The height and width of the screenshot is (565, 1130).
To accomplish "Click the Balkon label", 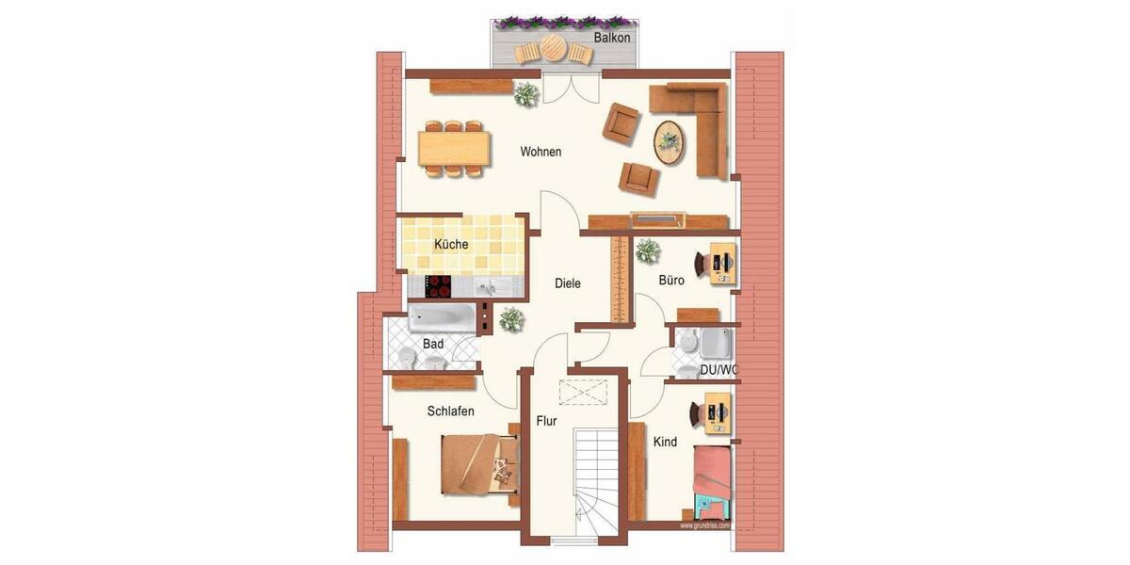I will tap(612, 38).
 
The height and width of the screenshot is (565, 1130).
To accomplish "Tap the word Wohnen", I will tap(541, 152).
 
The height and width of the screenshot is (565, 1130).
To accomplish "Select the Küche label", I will tap(451, 245).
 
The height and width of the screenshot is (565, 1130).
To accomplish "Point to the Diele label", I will tap(567, 282).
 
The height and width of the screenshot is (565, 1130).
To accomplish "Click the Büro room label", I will tap(671, 280).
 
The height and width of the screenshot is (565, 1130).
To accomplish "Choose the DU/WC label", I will tap(718, 371).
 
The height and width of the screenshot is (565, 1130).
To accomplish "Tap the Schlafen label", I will tap(450, 412).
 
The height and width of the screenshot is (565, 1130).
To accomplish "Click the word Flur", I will tap(546, 421).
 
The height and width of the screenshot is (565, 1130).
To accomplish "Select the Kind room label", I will tap(665, 442).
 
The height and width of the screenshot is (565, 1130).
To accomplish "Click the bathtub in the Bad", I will tap(442, 316).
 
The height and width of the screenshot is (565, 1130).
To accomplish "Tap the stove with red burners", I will tap(439, 286).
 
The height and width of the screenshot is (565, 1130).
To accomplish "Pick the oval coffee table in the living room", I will tap(670, 142).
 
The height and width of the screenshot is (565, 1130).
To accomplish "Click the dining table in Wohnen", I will tap(455, 149).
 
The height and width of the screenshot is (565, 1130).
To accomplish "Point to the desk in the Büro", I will tap(721, 264).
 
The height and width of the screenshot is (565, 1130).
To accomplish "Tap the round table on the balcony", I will tap(553, 47).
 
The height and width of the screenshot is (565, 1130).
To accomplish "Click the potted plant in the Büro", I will tap(647, 250).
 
